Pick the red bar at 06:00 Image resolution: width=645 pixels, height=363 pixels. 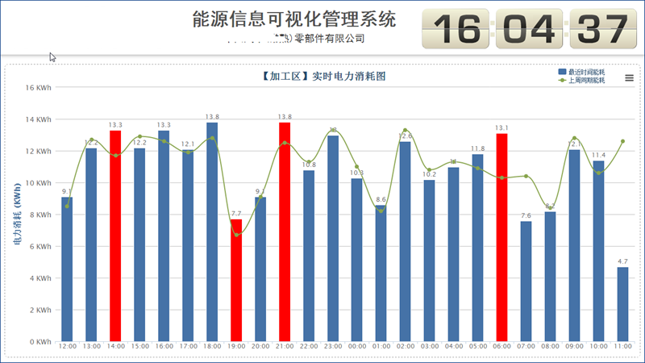click(501, 237)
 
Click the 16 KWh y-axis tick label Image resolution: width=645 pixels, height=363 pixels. click(38, 87)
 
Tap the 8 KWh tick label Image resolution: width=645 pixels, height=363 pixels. click(40, 215)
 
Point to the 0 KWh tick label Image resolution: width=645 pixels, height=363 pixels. click(40, 341)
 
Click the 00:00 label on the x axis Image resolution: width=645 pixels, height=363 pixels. click(357, 348)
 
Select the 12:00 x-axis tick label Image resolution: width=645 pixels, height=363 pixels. click(68, 348)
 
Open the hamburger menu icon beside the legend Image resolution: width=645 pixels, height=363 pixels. click(630, 78)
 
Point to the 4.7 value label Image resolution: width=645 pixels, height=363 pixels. click(622, 261)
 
